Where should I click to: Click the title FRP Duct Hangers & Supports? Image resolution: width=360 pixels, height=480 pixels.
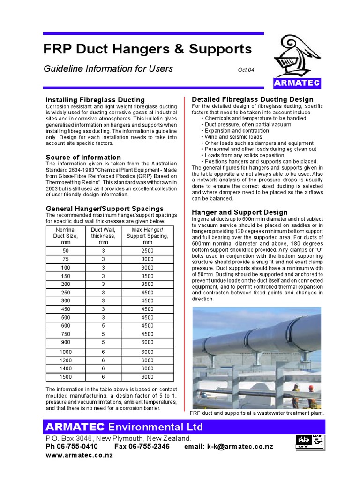tap(148, 49)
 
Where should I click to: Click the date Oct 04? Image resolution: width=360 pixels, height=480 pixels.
tap(246, 70)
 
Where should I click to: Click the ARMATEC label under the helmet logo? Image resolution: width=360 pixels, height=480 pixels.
tap(297, 83)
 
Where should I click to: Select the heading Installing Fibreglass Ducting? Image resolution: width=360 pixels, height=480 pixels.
tap(95, 100)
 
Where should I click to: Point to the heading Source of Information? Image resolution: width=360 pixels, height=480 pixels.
tap(83, 157)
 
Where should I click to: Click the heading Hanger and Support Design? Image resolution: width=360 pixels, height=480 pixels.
tap(240, 212)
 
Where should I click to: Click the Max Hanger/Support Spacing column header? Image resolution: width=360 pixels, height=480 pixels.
tap(147, 236)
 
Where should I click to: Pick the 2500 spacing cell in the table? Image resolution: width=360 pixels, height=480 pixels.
tap(147, 251)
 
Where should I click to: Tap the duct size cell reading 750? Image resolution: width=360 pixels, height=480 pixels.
tap(65, 334)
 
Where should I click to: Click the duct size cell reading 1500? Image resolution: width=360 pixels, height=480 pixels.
tap(65, 376)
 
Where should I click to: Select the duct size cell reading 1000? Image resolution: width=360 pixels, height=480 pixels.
tap(65, 352)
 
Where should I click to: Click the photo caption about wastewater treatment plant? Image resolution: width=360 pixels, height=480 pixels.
tap(256, 413)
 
